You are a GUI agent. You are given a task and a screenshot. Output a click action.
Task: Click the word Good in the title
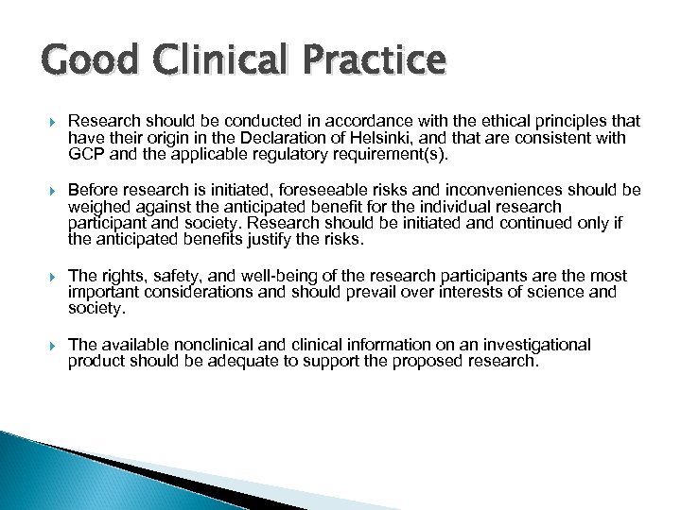[83, 60]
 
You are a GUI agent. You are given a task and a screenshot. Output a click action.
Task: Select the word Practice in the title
[375, 60]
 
